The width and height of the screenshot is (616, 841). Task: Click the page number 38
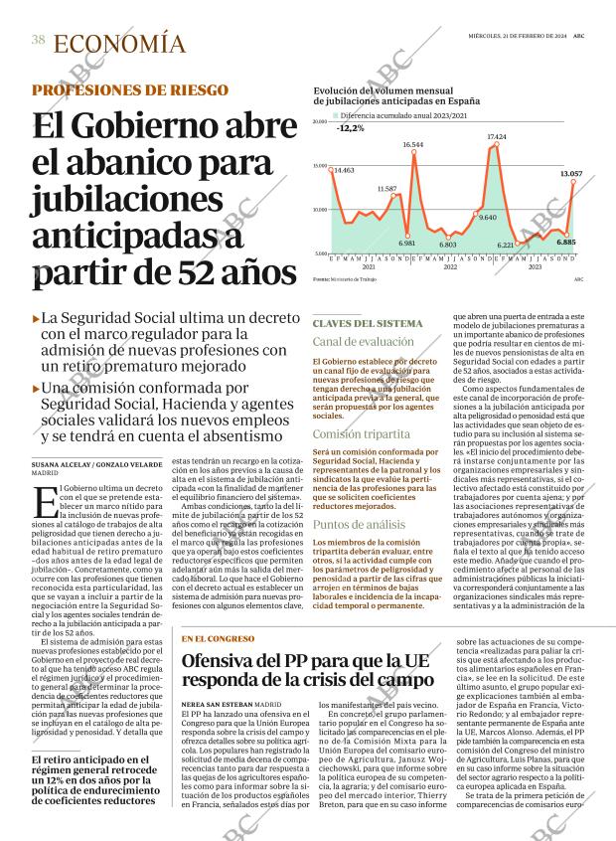coord(38,40)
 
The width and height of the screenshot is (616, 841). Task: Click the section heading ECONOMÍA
coord(119,44)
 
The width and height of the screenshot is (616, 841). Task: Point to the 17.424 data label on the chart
coord(497,136)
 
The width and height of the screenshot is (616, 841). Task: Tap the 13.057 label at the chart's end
coord(570,174)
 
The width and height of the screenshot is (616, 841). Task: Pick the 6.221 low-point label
coord(506,245)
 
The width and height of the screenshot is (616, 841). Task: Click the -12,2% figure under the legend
coord(350,128)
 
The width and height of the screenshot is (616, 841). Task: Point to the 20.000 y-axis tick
coord(320,122)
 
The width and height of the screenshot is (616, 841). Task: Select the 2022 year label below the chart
coord(450,267)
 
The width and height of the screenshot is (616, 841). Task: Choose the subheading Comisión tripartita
coord(361,434)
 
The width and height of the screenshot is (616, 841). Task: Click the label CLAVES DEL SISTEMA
coord(367,324)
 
